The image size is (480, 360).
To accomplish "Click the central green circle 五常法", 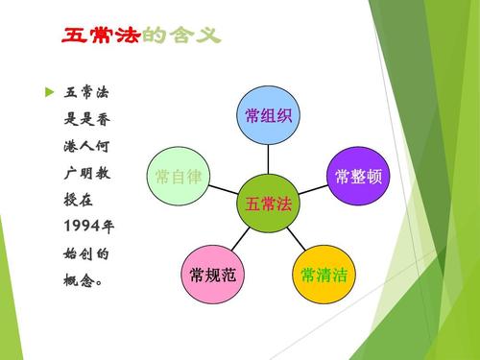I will point(268,204).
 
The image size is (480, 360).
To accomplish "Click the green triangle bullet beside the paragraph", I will point(50,92).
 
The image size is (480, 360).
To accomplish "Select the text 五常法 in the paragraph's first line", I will point(88,93).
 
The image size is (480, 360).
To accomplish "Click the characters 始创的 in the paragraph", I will point(88,255).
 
